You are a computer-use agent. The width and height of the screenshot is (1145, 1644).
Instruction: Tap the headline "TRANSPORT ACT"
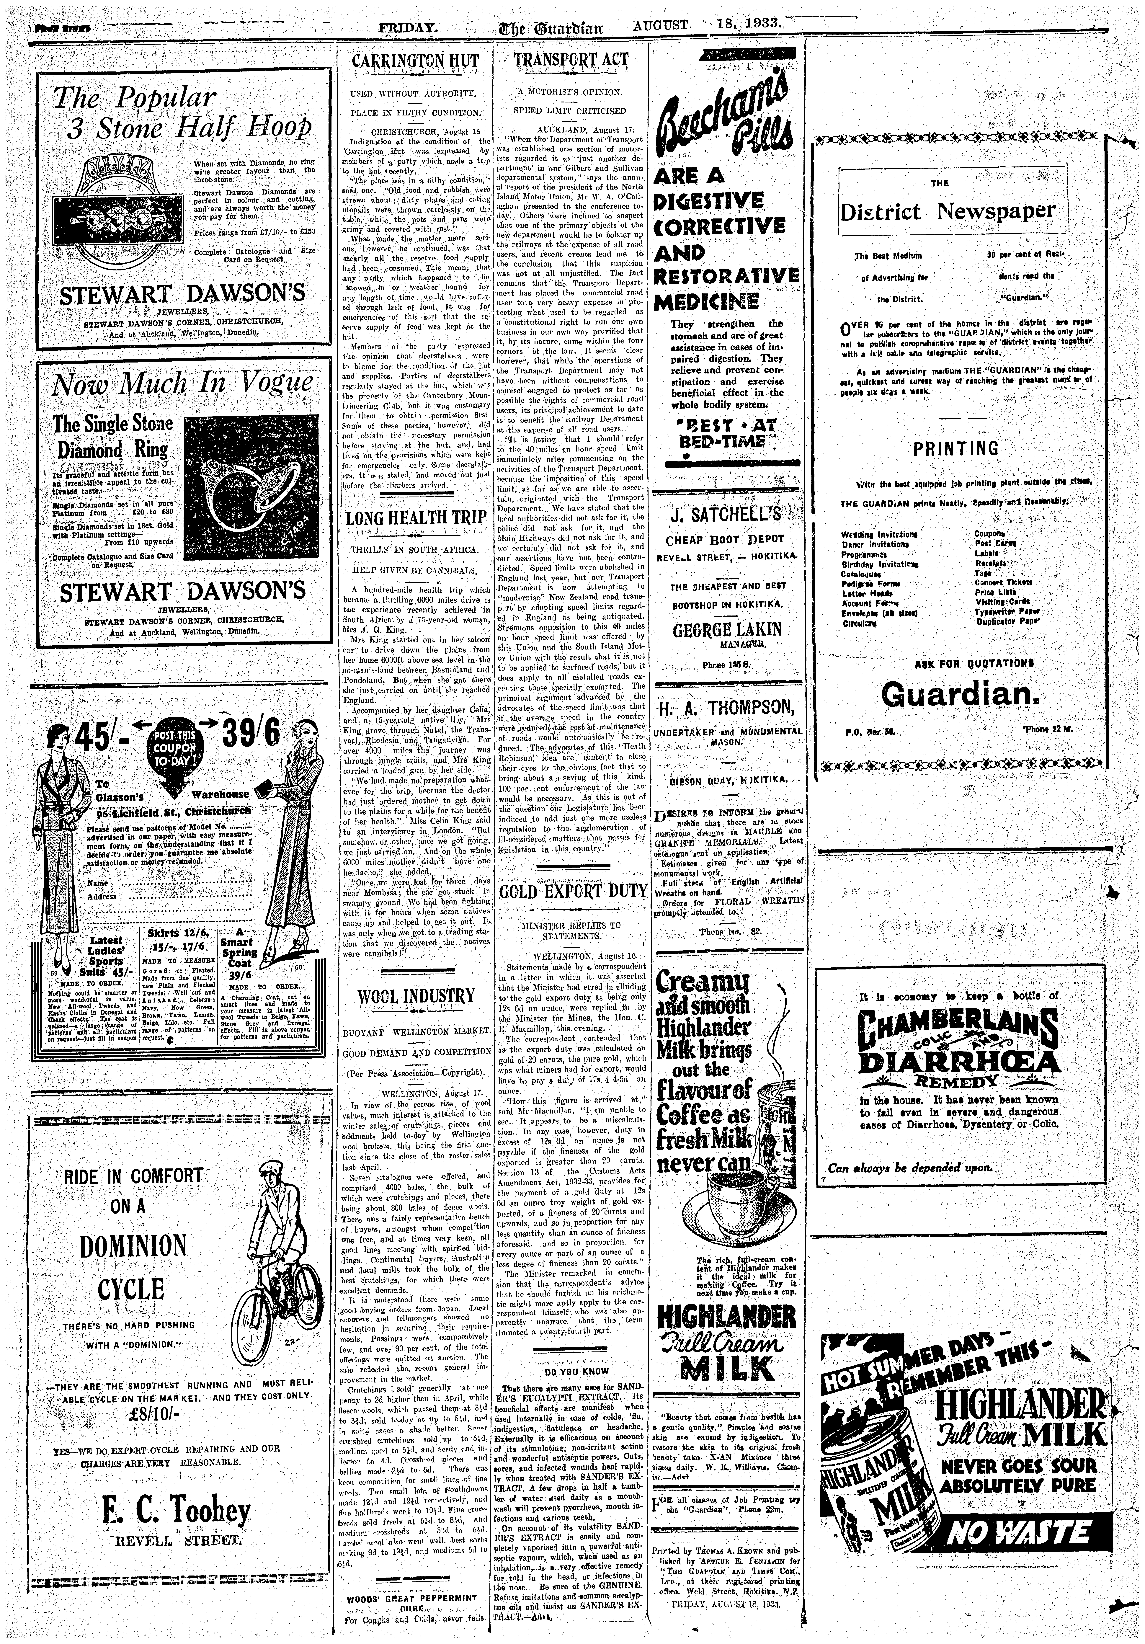click(571, 61)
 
